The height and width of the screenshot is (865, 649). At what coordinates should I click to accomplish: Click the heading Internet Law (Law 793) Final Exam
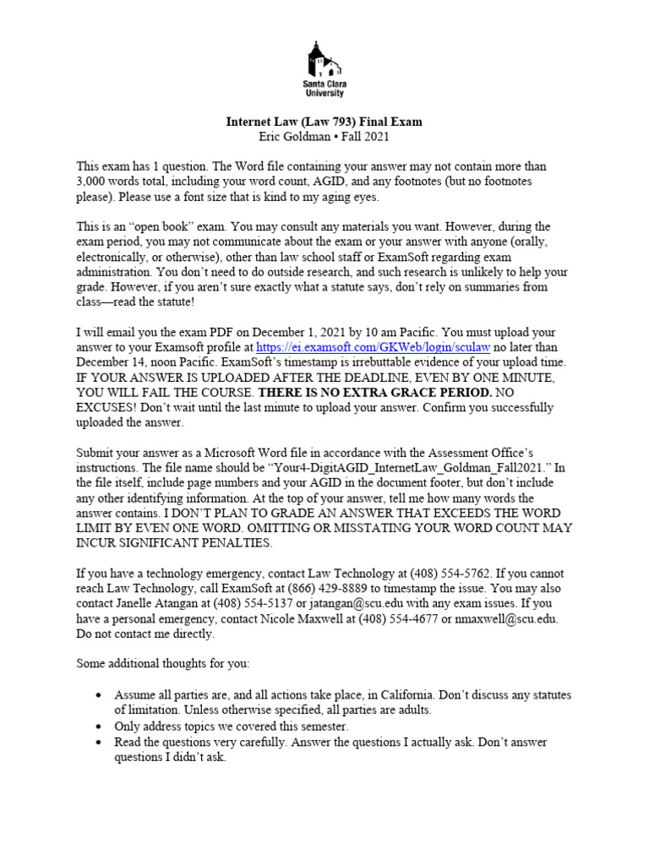(324, 122)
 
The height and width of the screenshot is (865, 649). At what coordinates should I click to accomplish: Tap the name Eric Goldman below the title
(290, 136)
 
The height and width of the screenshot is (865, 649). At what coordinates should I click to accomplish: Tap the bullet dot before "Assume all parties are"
(99, 695)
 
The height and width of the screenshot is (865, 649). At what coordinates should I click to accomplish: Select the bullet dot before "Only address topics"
(99, 726)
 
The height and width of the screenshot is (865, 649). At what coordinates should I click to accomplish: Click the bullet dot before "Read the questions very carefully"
(99, 742)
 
